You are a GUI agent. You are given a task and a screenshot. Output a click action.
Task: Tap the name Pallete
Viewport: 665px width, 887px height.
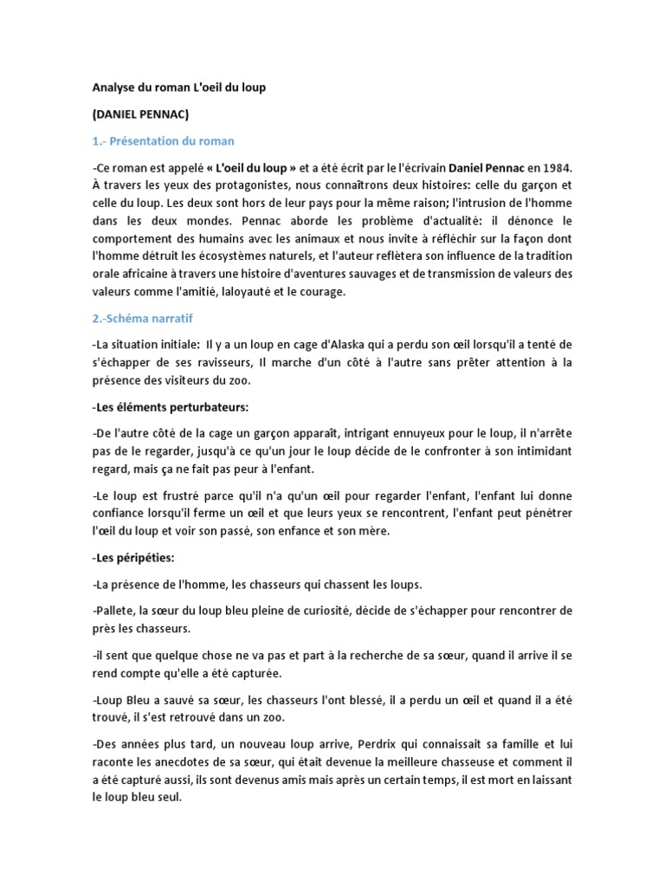pyautogui.click(x=113, y=611)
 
